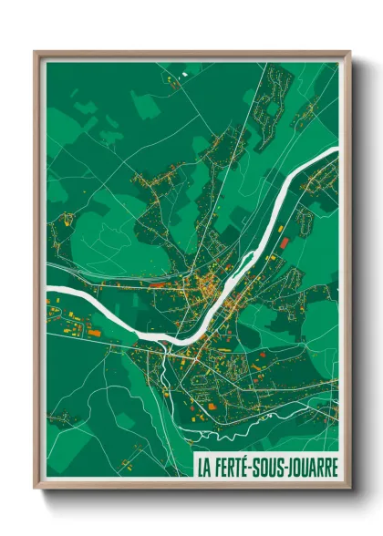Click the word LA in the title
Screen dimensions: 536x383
(203, 466)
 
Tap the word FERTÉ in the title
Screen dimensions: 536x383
(233, 466)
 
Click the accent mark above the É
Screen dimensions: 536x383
(252, 456)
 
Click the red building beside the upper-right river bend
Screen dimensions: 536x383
(284, 242)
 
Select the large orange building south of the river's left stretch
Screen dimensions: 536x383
(93, 333)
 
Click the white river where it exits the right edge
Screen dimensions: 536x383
(333, 151)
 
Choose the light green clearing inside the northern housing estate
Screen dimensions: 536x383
(271, 114)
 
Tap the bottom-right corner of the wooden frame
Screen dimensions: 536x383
(349, 489)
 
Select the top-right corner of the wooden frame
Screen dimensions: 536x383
(349, 52)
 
